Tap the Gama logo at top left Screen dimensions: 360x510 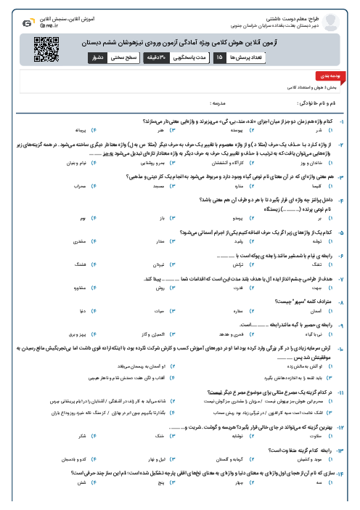click(28, 23)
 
